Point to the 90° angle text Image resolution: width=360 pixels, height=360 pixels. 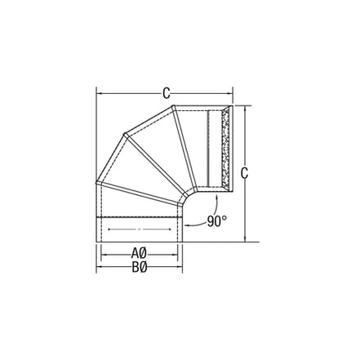tap(216, 220)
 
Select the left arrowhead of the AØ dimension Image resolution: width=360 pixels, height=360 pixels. tap(104, 252)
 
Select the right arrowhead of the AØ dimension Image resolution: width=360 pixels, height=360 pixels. tap(177, 252)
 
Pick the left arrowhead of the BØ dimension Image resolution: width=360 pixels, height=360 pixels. tap(100, 266)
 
